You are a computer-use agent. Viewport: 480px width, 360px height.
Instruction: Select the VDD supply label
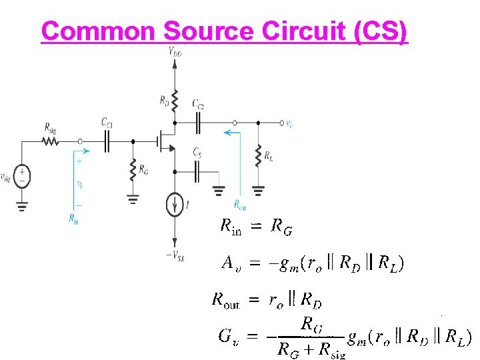[x=174, y=51]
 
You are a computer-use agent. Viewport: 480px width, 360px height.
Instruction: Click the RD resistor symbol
[x=174, y=101]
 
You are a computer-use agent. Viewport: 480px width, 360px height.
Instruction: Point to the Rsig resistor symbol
[x=50, y=141]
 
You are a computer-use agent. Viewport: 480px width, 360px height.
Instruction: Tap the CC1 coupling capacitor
[x=107, y=141]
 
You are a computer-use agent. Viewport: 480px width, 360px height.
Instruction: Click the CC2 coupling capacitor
[x=198, y=123]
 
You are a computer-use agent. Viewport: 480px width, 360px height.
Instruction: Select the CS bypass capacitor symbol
[x=197, y=173]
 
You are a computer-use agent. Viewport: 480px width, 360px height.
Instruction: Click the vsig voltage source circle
[x=22, y=175]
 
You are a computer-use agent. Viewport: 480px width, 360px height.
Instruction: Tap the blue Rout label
[x=240, y=205]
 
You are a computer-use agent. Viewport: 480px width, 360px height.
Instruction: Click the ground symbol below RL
[x=258, y=189]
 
